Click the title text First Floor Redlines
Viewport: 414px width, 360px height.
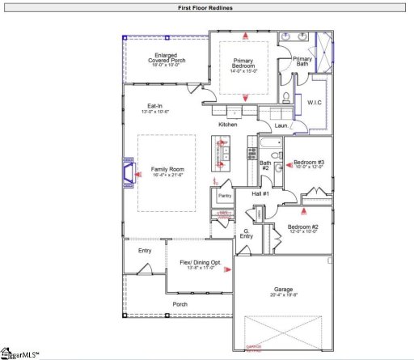[207, 7]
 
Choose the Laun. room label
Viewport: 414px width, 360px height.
[281, 125]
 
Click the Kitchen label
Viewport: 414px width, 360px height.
[228, 125]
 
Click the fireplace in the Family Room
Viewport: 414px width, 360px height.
[127, 172]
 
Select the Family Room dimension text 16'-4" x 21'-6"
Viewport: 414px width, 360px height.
[168, 176]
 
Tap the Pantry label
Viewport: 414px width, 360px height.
[225, 196]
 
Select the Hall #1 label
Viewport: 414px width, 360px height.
[260, 193]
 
